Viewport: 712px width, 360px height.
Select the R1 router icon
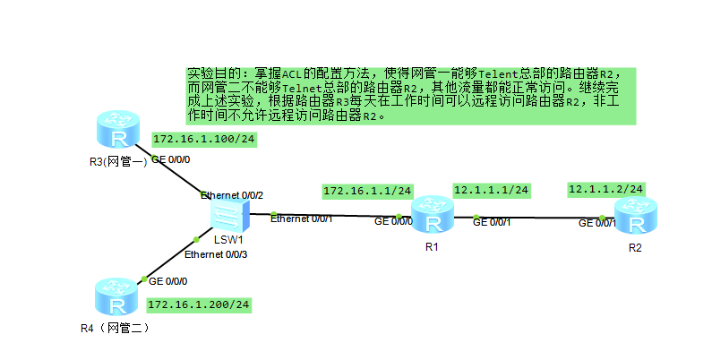[x=433, y=216]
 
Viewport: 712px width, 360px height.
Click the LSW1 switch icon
[x=228, y=215]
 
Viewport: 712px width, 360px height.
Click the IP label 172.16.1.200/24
[x=199, y=304]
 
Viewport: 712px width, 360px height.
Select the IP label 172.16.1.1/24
[x=367, y=191]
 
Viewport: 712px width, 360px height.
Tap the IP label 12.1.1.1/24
[x=492, y=190]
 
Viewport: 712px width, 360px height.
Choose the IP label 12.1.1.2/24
[x=605, y=189]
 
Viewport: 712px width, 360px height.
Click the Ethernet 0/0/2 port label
[x=232, y=194]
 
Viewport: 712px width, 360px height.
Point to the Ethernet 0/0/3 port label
[x=216, y=255]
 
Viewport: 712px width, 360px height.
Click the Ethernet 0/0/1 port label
[x=302, y=219]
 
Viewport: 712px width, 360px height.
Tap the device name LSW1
[x=229, y=240]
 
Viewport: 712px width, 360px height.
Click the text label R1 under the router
[x=432, y=246]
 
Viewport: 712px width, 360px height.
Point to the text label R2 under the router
[x=635, y=247]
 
